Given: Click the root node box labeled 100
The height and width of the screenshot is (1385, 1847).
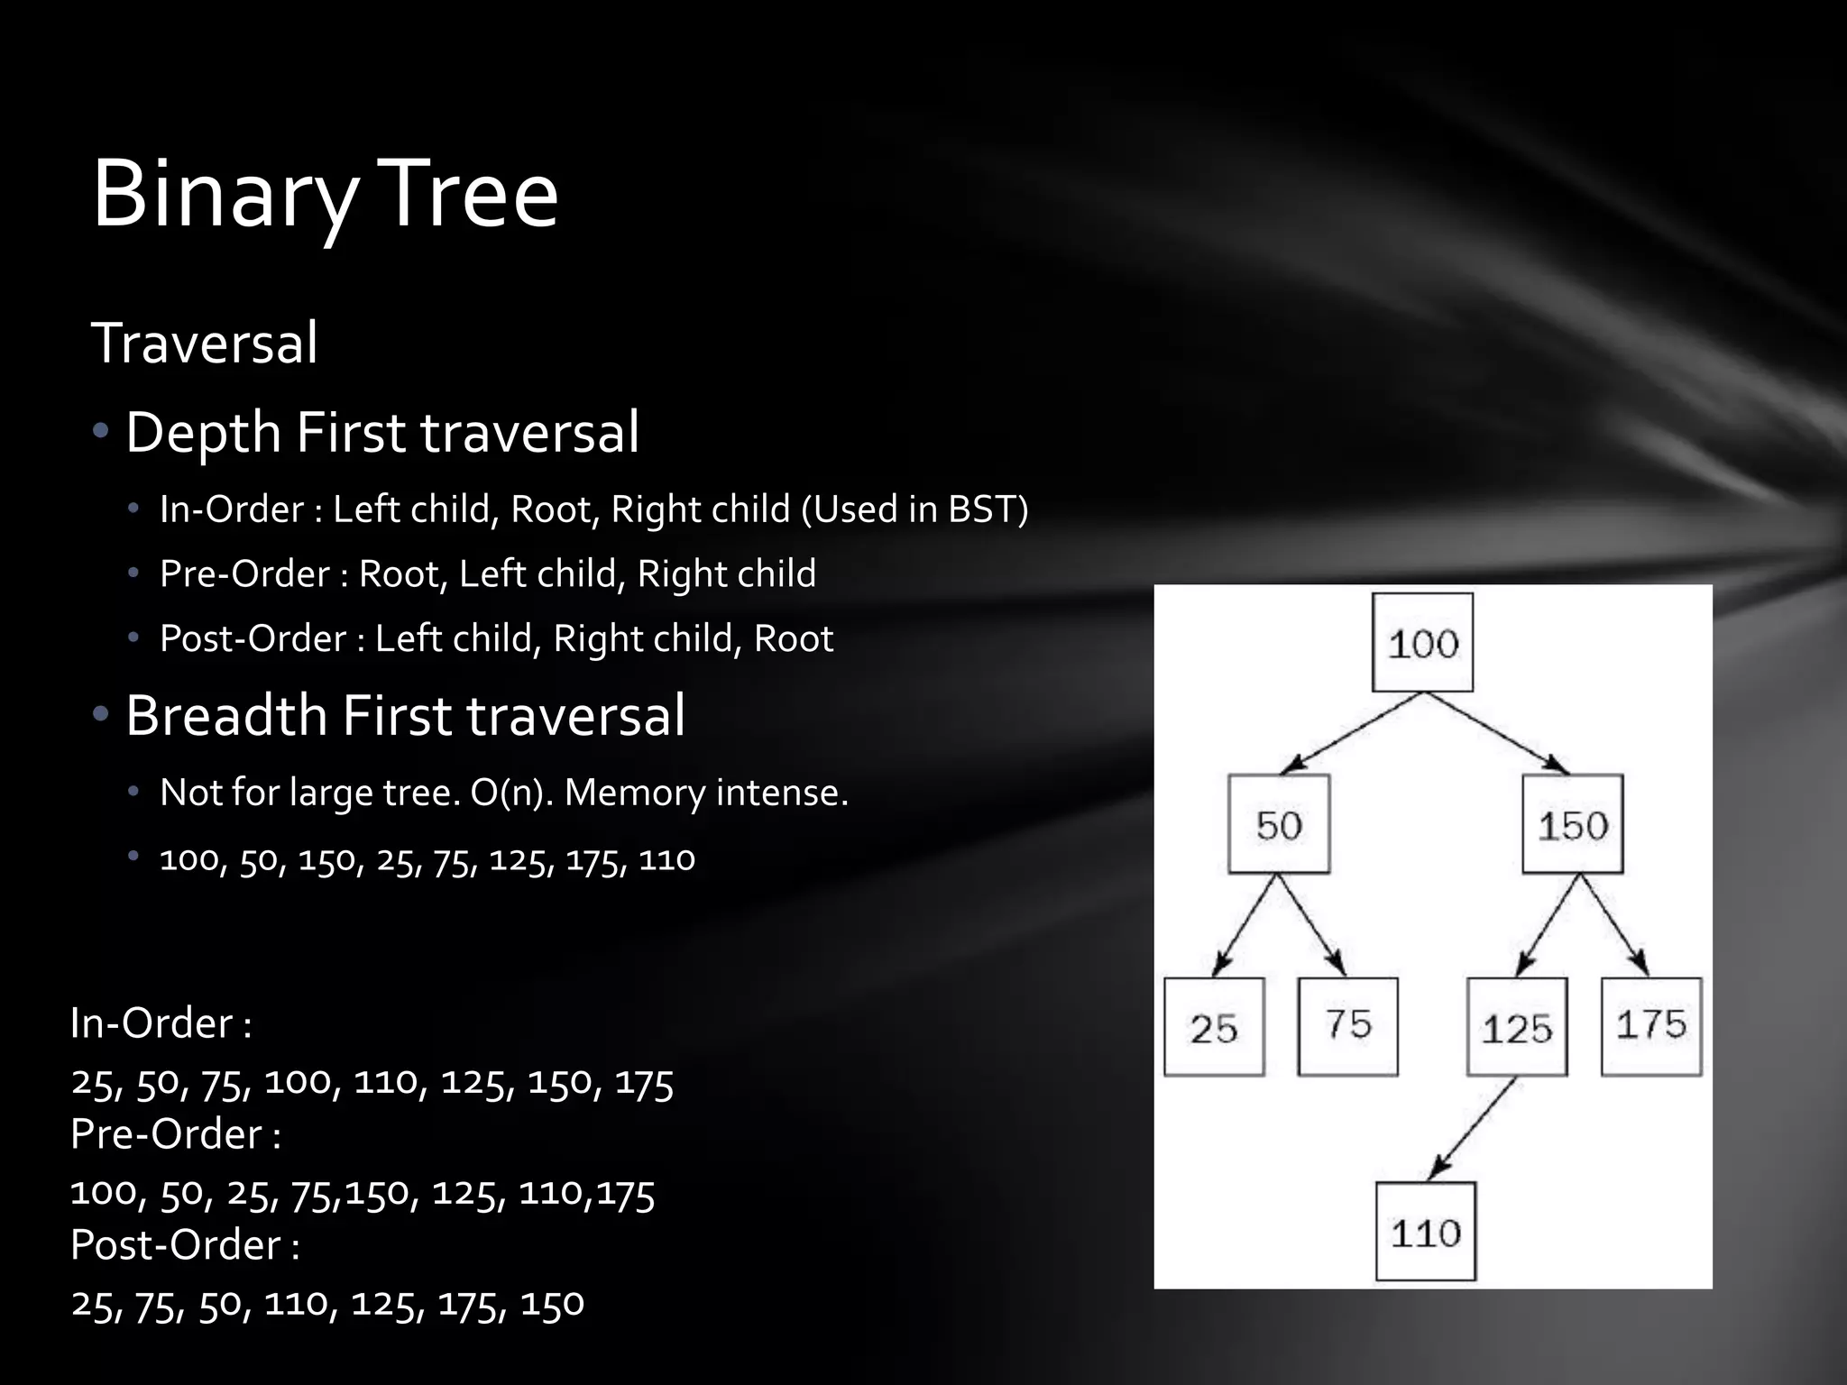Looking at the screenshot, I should pyautogui.click(x=1422, y=642).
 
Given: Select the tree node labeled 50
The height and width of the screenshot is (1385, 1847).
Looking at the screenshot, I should pyautogui.click(x=1278, y=824).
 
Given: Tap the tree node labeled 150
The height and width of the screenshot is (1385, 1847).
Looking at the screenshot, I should pyautogui.click(x=1572, y=824).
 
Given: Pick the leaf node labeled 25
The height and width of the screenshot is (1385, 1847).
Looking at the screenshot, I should pyautogui.click(x=1213, y=1027).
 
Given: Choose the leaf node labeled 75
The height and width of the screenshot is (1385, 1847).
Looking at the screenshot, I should pyautogui.click(x=1347, y=1026).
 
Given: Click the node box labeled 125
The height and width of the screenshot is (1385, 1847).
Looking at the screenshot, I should pyautogui.click(x=1516, y=1027).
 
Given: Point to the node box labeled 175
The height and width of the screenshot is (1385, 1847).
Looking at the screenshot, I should pyautogui.click(x=1650, y=1026).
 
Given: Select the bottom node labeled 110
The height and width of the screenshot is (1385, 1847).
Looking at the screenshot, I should pyautogui.click(x=1425, y=1231).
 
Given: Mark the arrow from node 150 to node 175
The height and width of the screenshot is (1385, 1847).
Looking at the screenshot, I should pyautogui.click(x=1614, y=924).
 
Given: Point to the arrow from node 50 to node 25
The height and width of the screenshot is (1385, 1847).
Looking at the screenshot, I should pyautogui.click(x=1245, y=925).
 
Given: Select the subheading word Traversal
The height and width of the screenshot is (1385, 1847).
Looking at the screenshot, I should pyautogui.click(x=205, y=344).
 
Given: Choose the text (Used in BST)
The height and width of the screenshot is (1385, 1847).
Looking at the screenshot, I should pyautogui.click(x=914, y=509).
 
